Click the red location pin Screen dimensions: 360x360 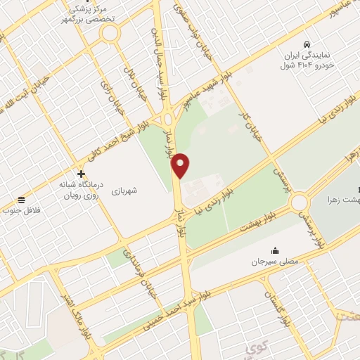[181, 165]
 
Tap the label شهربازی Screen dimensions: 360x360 [144, 191]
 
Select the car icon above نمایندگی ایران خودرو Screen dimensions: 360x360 [307, 43]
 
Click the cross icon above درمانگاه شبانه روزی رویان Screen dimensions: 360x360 [81, 174]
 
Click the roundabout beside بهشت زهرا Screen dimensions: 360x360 [300, 202]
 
